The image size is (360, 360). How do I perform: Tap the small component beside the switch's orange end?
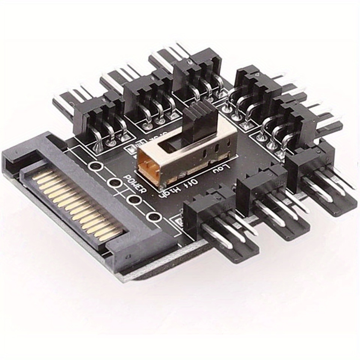coord(132,149)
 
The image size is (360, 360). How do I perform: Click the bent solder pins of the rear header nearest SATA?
coord(111,133)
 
